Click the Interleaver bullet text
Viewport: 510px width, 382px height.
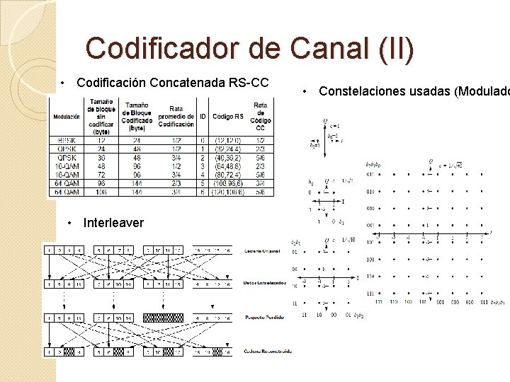(113, 223)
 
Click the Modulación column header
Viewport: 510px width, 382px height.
(67, 117)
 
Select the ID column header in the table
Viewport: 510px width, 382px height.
(203, 117)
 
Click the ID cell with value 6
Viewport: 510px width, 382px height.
(203, 191)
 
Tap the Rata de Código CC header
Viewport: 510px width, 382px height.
(261, 117)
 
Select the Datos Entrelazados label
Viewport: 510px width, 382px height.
(263, 284)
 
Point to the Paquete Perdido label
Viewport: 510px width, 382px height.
(263, 318)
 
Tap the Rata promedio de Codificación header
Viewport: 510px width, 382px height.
(176, 117)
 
